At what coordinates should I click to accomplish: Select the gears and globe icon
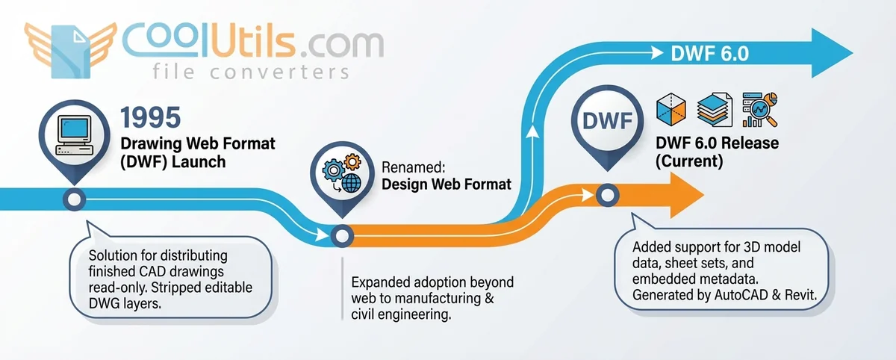340,174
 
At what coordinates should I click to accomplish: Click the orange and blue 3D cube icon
671,111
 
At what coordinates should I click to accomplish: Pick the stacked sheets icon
715,111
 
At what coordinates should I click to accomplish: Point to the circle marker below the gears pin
341,236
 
